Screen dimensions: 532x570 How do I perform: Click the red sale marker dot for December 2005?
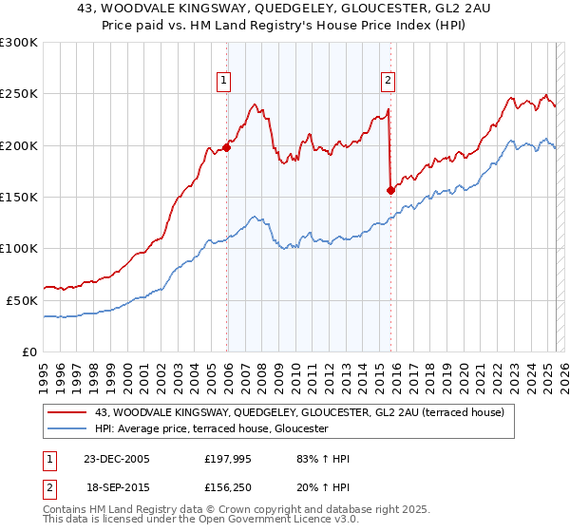click(x=227, y=147)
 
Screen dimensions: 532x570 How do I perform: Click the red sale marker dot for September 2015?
click(x=390, y=190)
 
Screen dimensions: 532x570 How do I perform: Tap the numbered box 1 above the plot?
click(x=222, y=82)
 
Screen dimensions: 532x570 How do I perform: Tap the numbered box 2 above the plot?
click(x=389, y=82)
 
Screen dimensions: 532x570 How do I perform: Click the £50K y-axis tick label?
click(x=23, y=300)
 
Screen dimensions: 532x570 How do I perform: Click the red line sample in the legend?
click(x=67, y=412)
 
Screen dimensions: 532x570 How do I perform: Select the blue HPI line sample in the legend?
click(x=67, y=429)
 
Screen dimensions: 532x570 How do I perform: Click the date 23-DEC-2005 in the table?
click(x=116, y=459)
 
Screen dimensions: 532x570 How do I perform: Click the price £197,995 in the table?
click(x=225, y=459)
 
